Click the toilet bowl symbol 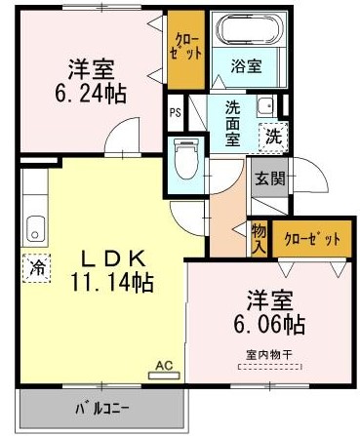184,156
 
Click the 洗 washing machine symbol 274,138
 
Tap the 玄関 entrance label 268,179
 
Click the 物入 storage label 259,239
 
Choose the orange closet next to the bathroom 182,48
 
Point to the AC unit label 164,367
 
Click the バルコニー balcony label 103,407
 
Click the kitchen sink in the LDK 36,228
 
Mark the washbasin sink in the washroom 263,107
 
